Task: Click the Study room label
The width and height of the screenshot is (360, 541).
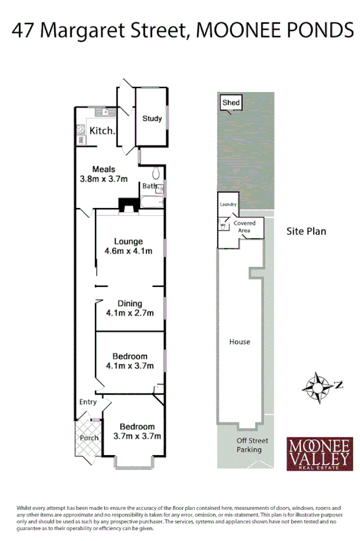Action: point(152,118)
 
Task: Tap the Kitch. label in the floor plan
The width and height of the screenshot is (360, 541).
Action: point(102,131)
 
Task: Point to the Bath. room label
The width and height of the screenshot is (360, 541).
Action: point(149,186)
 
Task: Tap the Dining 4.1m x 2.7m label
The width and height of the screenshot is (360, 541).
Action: point(129,309)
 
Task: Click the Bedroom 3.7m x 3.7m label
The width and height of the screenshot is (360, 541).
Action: point(137,431)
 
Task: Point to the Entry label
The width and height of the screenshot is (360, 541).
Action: point(88,402)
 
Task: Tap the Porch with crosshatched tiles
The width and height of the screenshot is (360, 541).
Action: point(89,437)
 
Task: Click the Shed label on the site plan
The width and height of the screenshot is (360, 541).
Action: point(231,103)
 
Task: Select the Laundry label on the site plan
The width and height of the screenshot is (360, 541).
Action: point(227,203)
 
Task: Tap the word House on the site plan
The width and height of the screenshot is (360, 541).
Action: point(240,342)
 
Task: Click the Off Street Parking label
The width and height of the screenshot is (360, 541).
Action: point(248,446)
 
